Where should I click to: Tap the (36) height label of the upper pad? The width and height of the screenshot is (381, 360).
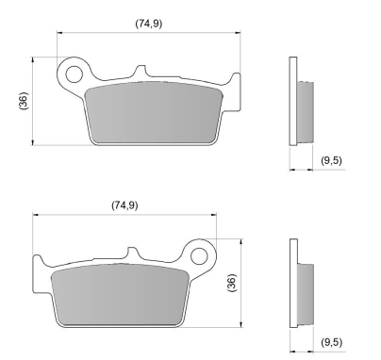coord(22,102)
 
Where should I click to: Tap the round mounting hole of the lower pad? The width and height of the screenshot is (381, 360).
coord(199,254)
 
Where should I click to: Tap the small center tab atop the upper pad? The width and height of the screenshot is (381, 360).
coord(140,72)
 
